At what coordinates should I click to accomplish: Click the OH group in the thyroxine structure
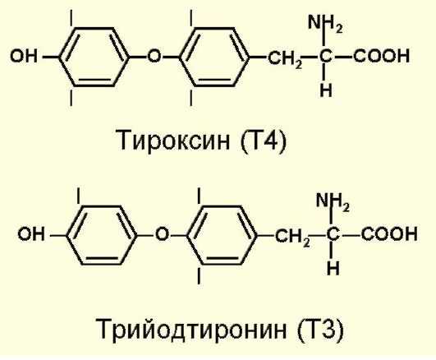[24, 56]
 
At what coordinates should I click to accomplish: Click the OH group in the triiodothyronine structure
[31, 234]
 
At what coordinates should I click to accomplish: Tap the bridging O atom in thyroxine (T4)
[154, 56]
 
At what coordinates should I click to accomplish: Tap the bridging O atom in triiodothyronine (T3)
[162, 234]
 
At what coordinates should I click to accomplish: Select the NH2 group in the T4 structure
[325, 23]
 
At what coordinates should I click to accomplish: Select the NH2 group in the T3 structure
[333, 201]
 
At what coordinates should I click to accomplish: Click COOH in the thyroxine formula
[382, 56]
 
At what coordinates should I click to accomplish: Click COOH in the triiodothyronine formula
[389, 234]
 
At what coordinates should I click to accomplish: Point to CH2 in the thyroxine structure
[285, 58]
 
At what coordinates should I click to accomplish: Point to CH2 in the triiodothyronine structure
[292, 237]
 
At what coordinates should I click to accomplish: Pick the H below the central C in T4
[326, 90]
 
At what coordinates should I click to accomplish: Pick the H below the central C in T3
[333, 268]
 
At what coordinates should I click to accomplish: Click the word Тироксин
[175, 140]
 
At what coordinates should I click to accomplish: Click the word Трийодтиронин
[191, 329]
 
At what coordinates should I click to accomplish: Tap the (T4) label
[263, 141]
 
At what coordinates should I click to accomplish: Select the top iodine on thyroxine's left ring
[71, 18]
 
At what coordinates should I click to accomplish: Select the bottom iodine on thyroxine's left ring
[71, 98]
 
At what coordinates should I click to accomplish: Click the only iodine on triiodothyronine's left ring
[79, 196]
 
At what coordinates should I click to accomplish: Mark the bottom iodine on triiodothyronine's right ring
[199, 275]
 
